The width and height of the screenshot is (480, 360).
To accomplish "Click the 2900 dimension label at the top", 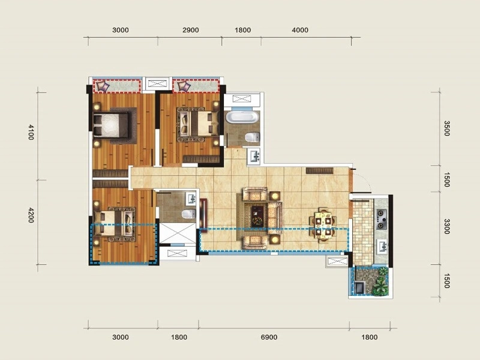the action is [190, 30].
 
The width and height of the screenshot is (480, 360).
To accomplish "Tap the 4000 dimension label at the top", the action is [299, 30].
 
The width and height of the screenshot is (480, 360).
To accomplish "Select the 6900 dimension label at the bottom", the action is [269, 337].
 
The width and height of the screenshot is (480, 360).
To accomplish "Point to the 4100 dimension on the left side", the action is [31, 132].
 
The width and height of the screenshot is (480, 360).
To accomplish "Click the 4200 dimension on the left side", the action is [31, 215].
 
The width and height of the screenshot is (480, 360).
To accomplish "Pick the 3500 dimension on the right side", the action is [446, 128].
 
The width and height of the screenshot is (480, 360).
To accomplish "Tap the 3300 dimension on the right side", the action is [446, 226].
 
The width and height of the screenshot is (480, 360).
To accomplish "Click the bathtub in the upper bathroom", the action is [242, 118].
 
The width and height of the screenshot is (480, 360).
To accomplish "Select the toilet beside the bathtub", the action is [252, 137].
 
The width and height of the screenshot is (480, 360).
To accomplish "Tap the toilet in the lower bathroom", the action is [188, 214].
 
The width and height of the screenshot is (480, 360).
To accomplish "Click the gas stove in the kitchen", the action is [382, 219].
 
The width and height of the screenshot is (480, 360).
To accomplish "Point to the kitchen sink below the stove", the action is [382, 246].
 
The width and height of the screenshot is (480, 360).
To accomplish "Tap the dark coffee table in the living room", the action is [257, 216].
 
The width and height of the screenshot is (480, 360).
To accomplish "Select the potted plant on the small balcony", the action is [381, 282].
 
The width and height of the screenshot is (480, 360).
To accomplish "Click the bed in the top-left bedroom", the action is [111, 125].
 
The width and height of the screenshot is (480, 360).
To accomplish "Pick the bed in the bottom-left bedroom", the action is [115, 224].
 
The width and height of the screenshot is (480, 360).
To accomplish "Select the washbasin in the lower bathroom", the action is [191, 199].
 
